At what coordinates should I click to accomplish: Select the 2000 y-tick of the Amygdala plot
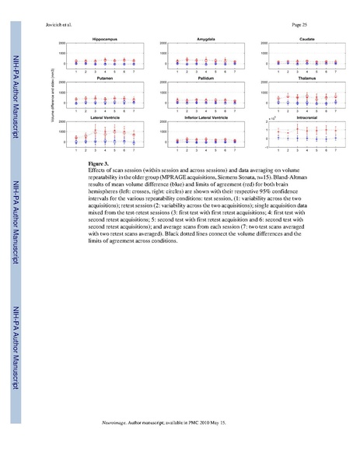tap(163, 43)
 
